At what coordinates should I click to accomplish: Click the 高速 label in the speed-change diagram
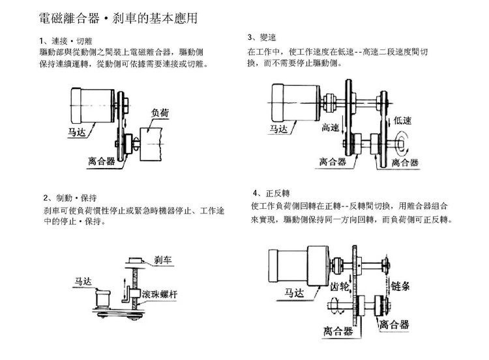pos(331,129)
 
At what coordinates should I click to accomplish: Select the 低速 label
pos(405,120)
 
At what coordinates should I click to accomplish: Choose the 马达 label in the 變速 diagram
pos(278,129)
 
